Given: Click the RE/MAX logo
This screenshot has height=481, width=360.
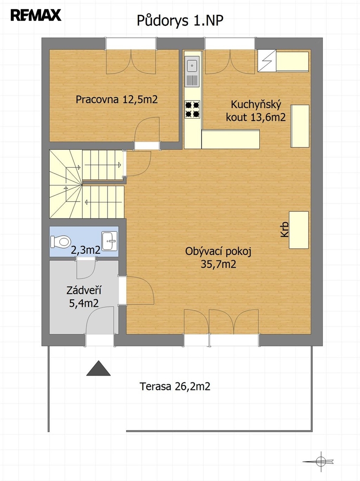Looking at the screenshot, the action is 36,15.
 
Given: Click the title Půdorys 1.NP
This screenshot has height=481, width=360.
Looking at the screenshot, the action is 180,21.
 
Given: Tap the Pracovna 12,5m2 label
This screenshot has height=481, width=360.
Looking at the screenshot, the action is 117,99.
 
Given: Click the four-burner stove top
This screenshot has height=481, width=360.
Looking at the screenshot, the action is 192,109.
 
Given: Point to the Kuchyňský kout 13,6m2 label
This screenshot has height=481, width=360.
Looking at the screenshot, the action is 256,111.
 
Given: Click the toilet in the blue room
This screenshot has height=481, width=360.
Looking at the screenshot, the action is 61,242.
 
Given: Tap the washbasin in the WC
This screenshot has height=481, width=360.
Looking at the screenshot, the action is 109,241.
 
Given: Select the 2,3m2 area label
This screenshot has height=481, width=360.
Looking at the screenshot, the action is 86,250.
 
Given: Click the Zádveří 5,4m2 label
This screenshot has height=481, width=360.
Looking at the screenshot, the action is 84,297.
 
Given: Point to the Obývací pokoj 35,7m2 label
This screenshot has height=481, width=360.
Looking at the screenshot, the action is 218,258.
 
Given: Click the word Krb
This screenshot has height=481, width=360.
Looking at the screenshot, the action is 285,230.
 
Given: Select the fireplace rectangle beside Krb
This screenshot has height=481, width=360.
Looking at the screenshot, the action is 299,230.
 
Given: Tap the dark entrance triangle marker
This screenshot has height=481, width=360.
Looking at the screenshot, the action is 98,368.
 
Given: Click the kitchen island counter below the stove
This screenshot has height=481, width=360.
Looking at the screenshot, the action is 231,139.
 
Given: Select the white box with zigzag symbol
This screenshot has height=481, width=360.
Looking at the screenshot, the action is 267,61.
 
